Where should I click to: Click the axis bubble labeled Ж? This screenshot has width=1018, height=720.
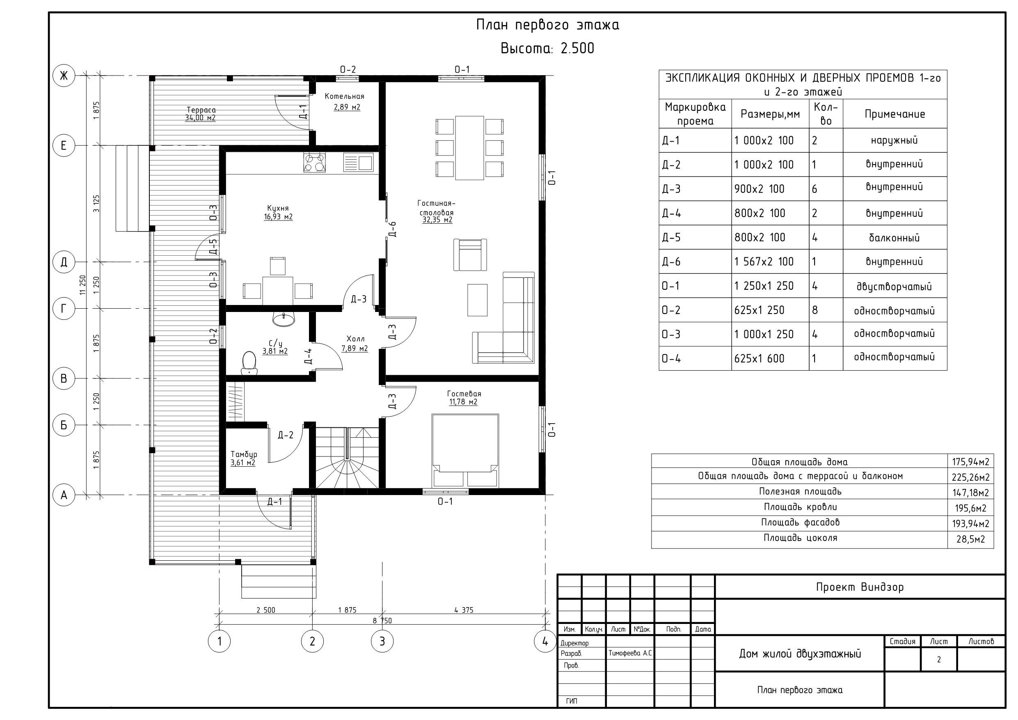click(64, 76)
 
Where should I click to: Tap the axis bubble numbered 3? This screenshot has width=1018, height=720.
click(382, 641)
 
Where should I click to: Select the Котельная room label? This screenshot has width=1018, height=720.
click(345, 96)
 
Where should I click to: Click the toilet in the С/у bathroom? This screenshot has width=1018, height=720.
click(249, 362)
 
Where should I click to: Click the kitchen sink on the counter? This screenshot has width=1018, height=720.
click(358, 163)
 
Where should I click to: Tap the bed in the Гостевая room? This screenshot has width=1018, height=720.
click(465, 450)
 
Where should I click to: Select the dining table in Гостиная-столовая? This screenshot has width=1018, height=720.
click(469, 148)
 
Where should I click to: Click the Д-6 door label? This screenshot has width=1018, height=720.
click(392, 229)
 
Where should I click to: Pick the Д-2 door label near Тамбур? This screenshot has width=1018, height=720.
click(286, 435)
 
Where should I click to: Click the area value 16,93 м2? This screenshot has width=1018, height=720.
click(279, 217)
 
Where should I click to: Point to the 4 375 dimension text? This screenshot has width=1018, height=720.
click(464, 610)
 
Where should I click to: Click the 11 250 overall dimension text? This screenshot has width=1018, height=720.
click(82, 285)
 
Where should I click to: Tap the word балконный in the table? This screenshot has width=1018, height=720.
click(894, 238)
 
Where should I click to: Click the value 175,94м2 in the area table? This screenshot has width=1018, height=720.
click(970, 462)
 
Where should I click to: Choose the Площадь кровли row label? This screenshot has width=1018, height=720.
click(800, 507)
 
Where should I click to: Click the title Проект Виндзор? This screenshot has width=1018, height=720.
click(860, 587)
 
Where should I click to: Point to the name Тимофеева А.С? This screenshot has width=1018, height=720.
click(630, 653)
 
